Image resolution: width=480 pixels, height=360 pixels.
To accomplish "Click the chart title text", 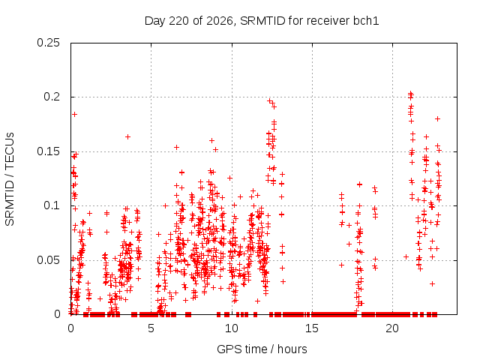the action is (262, 21).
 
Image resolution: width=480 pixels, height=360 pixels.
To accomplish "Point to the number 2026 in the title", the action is (220, 21).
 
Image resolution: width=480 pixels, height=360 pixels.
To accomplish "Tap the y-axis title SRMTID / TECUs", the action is (10, 179).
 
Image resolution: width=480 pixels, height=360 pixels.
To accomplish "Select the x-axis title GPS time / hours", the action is (262, 349).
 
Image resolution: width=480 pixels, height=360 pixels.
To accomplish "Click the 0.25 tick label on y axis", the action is (48, 43).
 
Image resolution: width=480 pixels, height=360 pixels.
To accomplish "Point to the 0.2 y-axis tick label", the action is (52, 97).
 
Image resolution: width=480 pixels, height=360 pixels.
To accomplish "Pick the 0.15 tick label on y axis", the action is (48, 151).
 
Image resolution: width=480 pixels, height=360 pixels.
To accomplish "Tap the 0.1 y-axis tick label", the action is (52, 205).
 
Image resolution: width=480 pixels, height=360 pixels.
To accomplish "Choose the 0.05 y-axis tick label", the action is (48, 260).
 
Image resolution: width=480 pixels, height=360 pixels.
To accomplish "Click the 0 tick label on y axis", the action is (57, 314).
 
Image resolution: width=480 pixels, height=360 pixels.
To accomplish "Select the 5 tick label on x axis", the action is (151, 328).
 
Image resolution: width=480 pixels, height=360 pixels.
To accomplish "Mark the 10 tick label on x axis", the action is (232, 328).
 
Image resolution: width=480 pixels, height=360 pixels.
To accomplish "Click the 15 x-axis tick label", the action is (312, 328).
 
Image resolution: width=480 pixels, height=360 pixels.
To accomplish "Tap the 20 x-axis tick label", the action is (392, 328).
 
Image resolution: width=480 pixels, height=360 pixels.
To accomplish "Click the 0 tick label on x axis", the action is (70, 328).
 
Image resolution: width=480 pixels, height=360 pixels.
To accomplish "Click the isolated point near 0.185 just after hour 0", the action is (74, 115).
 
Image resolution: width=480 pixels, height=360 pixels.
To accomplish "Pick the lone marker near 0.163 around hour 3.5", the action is (128, 136).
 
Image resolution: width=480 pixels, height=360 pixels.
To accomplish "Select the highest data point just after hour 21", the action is (411, 93).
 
